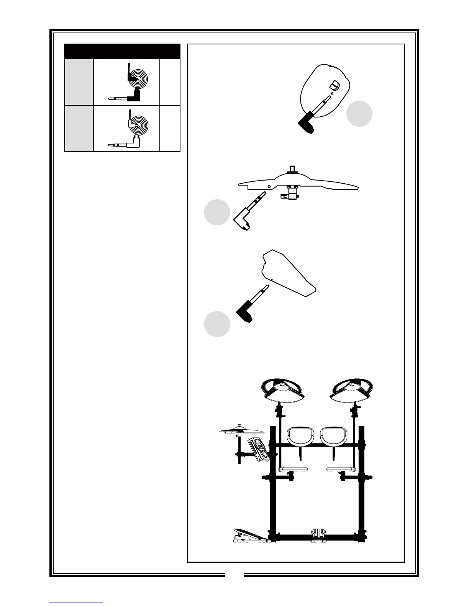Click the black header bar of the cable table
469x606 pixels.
tap(122, 51)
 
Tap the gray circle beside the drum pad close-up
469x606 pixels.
tap(359, 114)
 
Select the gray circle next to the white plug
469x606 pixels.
tap(217, 212)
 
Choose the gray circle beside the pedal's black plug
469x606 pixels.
tap(217, 324)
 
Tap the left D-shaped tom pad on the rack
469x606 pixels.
tap(300, 437)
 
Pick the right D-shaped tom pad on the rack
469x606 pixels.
tap(334, 437)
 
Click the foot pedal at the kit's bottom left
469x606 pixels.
tap(250, 536)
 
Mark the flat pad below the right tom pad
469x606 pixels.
tap(339, 469)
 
